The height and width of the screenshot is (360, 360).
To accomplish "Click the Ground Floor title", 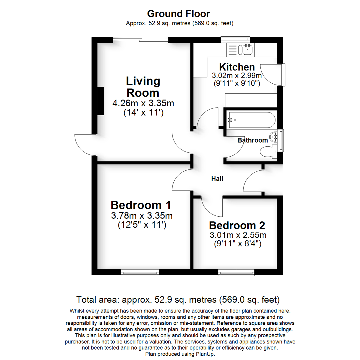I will click(x=179, y=14).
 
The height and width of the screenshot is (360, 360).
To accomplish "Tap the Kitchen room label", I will click(x=237, y=67).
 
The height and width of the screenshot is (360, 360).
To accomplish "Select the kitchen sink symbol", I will click(x=248, y=50).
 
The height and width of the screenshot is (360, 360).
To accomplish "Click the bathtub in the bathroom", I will click(x=251, y=120).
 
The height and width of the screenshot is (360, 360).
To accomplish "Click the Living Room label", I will click(x=143, y=87).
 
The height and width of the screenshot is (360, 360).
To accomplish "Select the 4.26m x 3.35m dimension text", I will click(x=143, y=103).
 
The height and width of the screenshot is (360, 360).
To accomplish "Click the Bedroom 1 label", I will click(x=141, y=205).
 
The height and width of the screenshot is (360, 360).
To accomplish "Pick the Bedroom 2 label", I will click(x=237, y=226).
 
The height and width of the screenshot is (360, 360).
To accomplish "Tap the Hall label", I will click(x=217, y=179).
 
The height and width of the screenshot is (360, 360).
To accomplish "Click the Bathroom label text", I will click(x=252, y=140).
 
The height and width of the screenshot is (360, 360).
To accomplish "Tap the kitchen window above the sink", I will click(x=236, y=40).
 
